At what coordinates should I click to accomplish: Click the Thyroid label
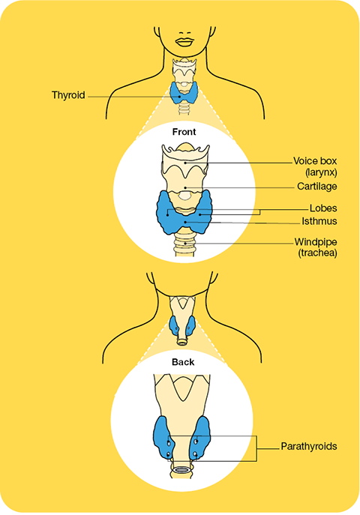(68, 95)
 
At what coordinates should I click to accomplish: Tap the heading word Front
(184, 132)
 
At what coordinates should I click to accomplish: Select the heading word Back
(183, 362)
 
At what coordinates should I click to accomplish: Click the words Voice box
(315, 161)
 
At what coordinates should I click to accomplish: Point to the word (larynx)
(320, 172)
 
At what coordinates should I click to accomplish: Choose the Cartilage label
(317, 186)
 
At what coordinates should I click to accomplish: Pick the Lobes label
(323, 208)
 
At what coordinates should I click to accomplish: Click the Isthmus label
(319, 221)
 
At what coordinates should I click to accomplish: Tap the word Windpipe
(316, 242)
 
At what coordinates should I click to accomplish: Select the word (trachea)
(318, 253)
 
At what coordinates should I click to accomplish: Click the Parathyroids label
(309, 446)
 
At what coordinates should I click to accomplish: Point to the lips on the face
(184, 42)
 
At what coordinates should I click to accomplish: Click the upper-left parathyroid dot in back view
(169, 443)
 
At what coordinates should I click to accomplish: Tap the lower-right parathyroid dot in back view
(195, 454)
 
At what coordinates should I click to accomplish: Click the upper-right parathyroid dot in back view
(196, 442)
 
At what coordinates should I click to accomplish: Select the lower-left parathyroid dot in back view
(169, 455)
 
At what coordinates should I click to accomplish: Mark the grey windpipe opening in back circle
(181, 470)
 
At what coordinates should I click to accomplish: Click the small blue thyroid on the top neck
(184, 93)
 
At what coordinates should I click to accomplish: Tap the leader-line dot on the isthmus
(185, 223)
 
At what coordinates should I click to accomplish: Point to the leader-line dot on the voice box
(185, 162)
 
